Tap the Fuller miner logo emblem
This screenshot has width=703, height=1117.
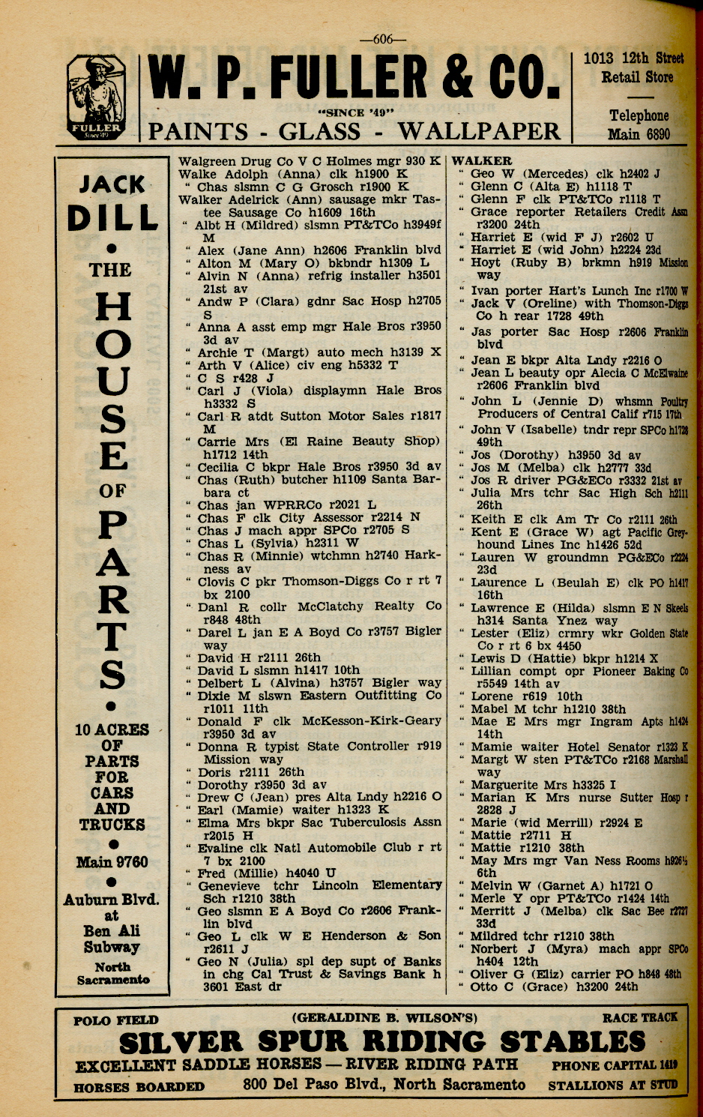coord(96,98)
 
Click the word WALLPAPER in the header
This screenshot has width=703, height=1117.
coord(480,132)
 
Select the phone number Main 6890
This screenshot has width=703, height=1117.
coord(639,134)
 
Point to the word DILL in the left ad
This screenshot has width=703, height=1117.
coord(112,217)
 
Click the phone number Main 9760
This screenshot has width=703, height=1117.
coord(112,862)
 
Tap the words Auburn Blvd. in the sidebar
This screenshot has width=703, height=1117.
coord(112,899)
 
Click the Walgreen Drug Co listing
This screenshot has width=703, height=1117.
coord(310,161)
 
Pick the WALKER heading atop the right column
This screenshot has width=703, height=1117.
coord(482,161)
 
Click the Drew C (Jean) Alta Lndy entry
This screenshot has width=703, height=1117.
coord(319,797)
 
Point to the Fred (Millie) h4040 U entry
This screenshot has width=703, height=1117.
coord(266,873)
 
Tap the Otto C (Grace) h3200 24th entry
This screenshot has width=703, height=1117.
coord(554,987)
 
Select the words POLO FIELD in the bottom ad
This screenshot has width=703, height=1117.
coord(116,1020)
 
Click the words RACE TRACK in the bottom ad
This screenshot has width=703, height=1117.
coord(639,1017)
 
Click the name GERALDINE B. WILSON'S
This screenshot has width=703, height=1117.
coord(384,1018)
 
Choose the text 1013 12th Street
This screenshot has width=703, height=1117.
coord(633,58)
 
